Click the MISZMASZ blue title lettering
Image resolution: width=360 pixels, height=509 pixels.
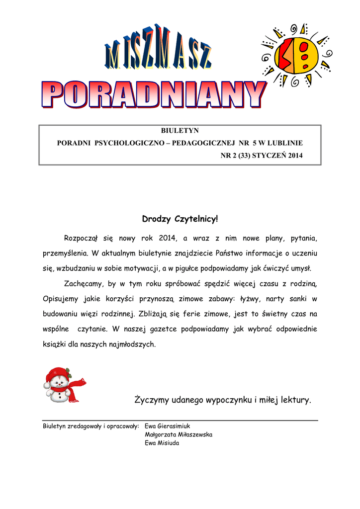coord(158,50)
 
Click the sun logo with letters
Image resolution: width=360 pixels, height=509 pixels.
coord(298,55)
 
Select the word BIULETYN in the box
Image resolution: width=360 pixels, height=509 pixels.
coord(180,130)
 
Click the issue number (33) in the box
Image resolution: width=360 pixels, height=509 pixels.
coord(244,156)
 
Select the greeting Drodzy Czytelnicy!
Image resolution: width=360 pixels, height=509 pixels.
coord(180,219)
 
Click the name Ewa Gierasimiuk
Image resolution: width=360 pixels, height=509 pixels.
coord(168,426)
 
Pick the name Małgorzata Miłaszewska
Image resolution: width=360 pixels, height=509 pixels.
coord(179,434)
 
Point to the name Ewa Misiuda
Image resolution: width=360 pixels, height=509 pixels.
coord(162,443)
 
